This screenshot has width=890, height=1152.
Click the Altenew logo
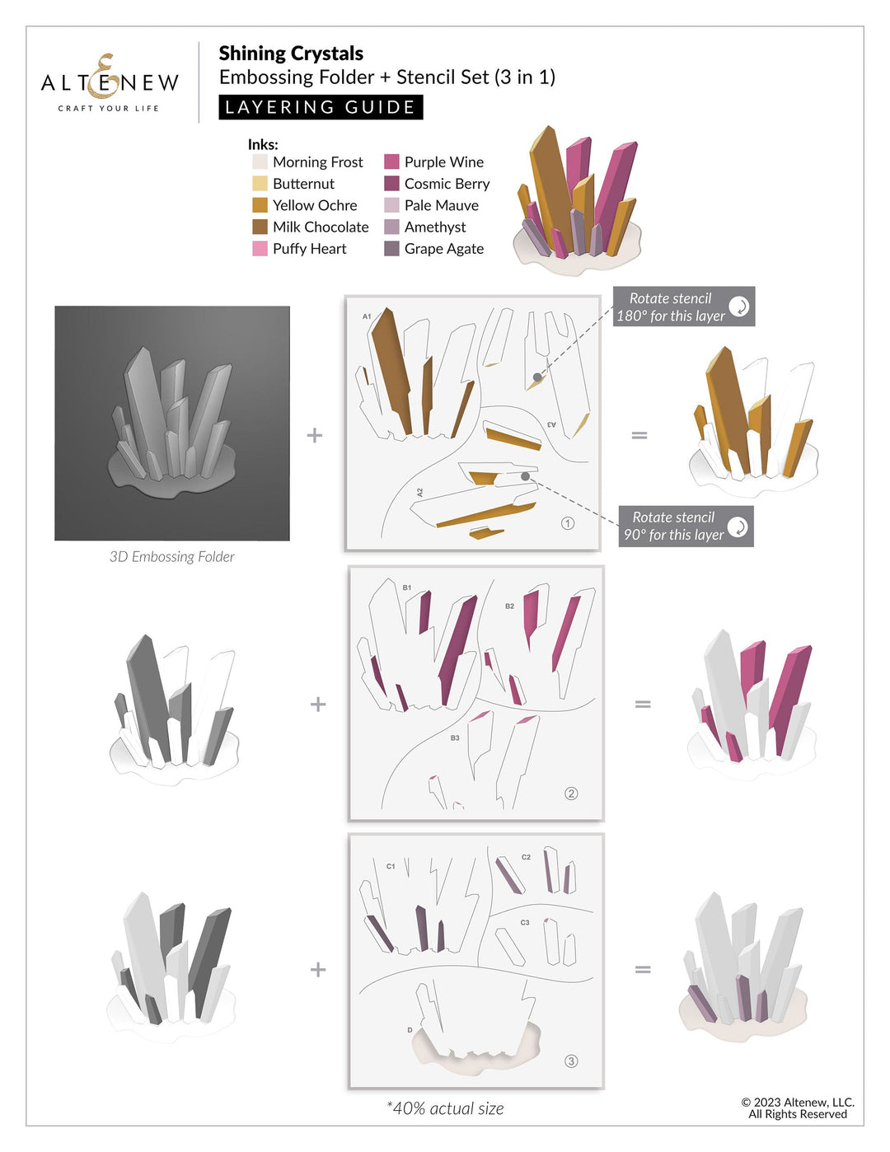[x=110, y=82]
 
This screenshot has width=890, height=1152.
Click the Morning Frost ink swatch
[x=260, y=162]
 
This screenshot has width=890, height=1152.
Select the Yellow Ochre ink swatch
[x=260, y=205]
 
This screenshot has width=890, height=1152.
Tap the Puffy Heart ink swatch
[x=260, y=249]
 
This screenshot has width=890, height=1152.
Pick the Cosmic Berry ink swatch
[x=391, y=184]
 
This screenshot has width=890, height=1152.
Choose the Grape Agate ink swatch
[x=391, y=249]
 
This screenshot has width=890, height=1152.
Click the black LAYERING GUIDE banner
[x=321, y=107]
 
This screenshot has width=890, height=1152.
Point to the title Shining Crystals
[x=291, y=54]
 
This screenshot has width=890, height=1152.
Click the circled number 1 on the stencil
[x=567, y=523]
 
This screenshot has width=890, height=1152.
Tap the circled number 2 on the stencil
[x=571, y=794]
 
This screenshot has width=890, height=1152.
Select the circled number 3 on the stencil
[x=571, y=1061]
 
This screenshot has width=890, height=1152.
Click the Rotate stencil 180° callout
[x=683, y=307]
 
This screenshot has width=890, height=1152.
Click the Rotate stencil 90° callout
[x=686, y=527]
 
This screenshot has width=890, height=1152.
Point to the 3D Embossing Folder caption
[x=171, y=557]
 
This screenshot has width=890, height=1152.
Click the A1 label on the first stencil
[x=367, y=316]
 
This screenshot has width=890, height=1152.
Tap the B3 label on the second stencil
[x=455, y=738]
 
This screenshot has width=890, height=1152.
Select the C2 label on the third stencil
[x=526, y=858]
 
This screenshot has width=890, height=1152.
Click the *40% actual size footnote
[x=445, y=1109]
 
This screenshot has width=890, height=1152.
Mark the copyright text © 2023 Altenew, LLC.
[x=797, y=1103]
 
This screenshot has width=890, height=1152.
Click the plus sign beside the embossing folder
[x=315, y=435]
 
